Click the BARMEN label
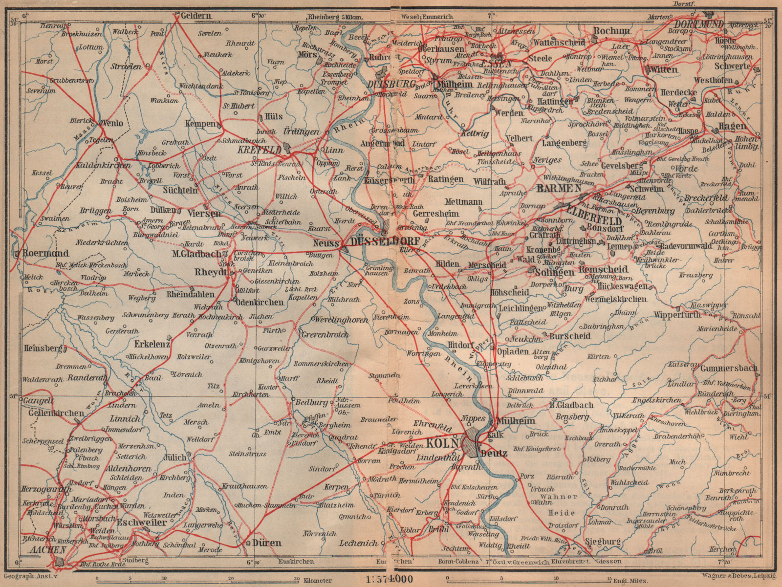(558, 189)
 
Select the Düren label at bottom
(267, 543)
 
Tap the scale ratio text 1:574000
(389, 579)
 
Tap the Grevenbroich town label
(325, 335)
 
